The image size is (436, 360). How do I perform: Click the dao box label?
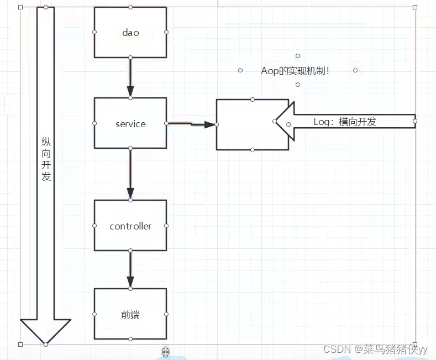tap(130, 33)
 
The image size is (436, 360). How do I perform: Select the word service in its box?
tap(130, 124)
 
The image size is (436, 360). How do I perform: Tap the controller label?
tap(130, 226)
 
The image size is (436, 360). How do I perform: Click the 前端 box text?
tap(130, 315)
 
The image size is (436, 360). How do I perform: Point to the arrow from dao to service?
tap(130, 77)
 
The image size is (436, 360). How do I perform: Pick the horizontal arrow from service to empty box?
tap(191, 124)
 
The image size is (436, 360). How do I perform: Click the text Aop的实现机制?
tap(295, 71)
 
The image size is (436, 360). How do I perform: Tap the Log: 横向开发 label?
tap(345, 122)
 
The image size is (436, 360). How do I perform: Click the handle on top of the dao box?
tap(130, 7)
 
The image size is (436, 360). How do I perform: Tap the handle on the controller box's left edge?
tap(94, 226)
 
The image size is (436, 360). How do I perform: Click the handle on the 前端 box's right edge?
tap(166, 314)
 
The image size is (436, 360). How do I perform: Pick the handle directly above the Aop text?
tap(297, 56)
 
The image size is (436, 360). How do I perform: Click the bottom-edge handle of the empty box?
tap(253, 150)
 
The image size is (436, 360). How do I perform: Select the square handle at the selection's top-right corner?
tap(415, 7)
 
